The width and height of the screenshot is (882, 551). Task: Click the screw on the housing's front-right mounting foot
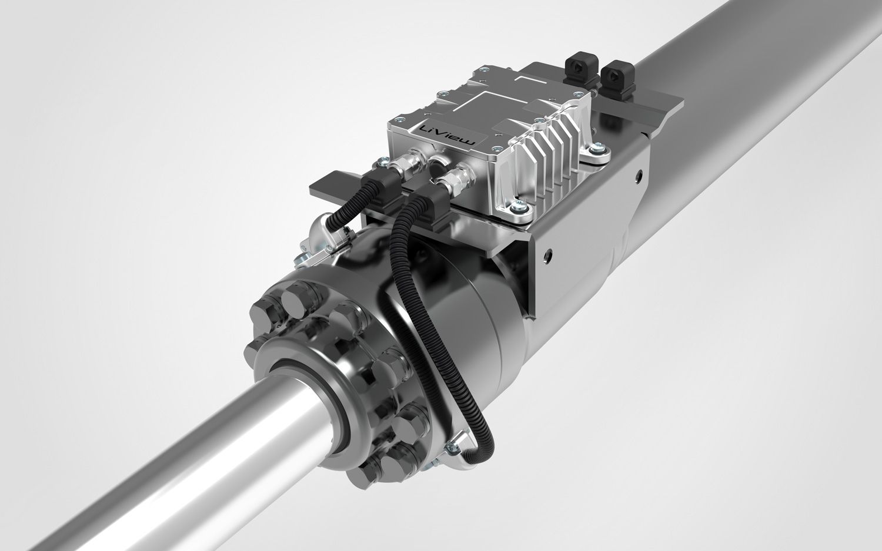click(519, 204)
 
